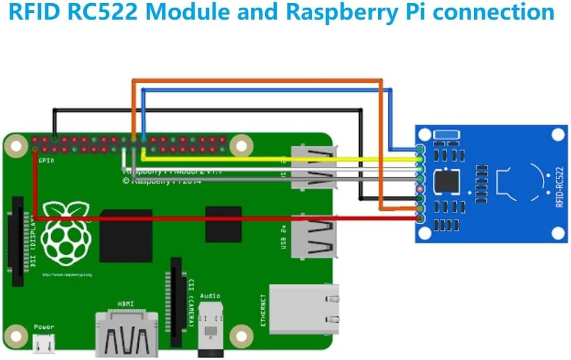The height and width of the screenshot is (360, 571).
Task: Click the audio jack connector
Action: (x=210, y=328)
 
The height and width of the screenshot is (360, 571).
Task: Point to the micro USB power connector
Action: (x=44, y=344)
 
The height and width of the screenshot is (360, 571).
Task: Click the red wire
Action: (x=225, y=219)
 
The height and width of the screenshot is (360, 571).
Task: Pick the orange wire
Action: (x=257, y=81)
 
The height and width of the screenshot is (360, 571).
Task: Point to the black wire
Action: (x=207, y=109)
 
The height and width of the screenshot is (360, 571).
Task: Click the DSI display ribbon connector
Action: (x=18, y=241)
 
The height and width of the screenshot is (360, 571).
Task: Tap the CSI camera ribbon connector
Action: (x=176, y=302)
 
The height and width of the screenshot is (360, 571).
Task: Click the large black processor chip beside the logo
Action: (x=126, y=235)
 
